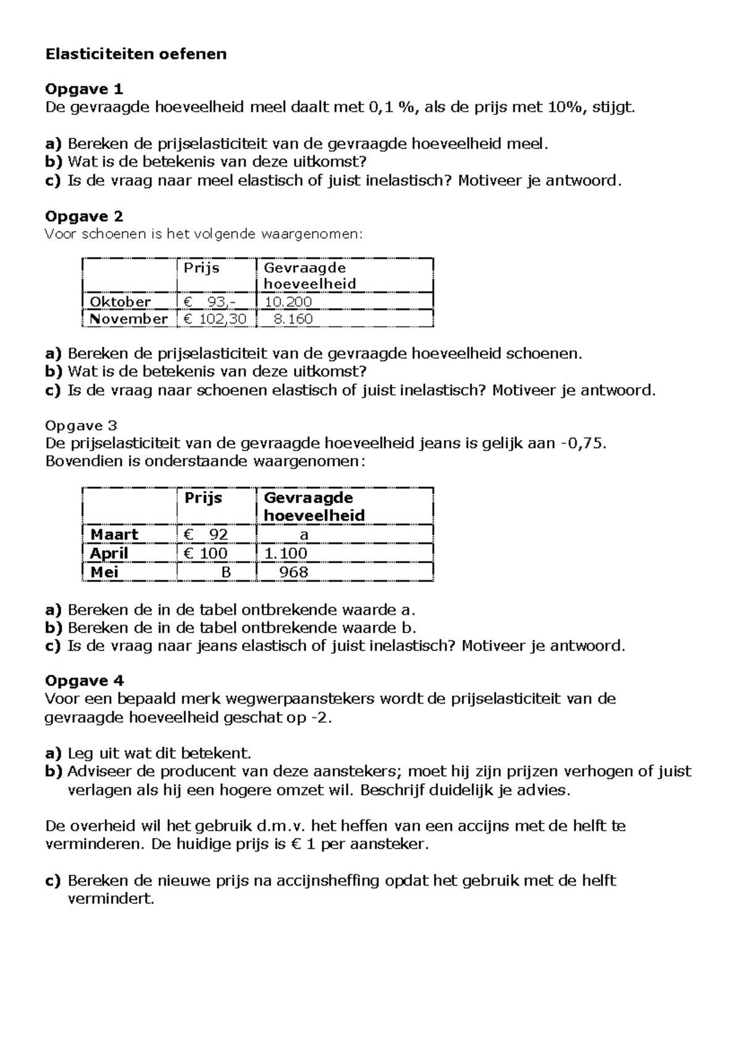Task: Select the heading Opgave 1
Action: [x=84, y=89]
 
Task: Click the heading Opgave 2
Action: [x=84, y=217]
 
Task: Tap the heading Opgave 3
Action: [x=82, y=425]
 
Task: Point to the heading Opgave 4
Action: [x=84, y=681]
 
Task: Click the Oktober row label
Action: [x=120, y=302]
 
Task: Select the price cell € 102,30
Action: [x=215, y=319]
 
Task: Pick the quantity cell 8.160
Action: [x=293, y=319]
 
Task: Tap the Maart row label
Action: [x=114, y=534]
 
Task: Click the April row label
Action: [x=109, y=553]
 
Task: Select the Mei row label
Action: [x=104, y=572]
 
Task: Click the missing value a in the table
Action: [x=303, y=534]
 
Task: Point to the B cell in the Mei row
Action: [x=226, y=572]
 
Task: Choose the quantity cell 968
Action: [x=293, y=572]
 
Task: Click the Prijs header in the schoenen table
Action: [x=201, y=268]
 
